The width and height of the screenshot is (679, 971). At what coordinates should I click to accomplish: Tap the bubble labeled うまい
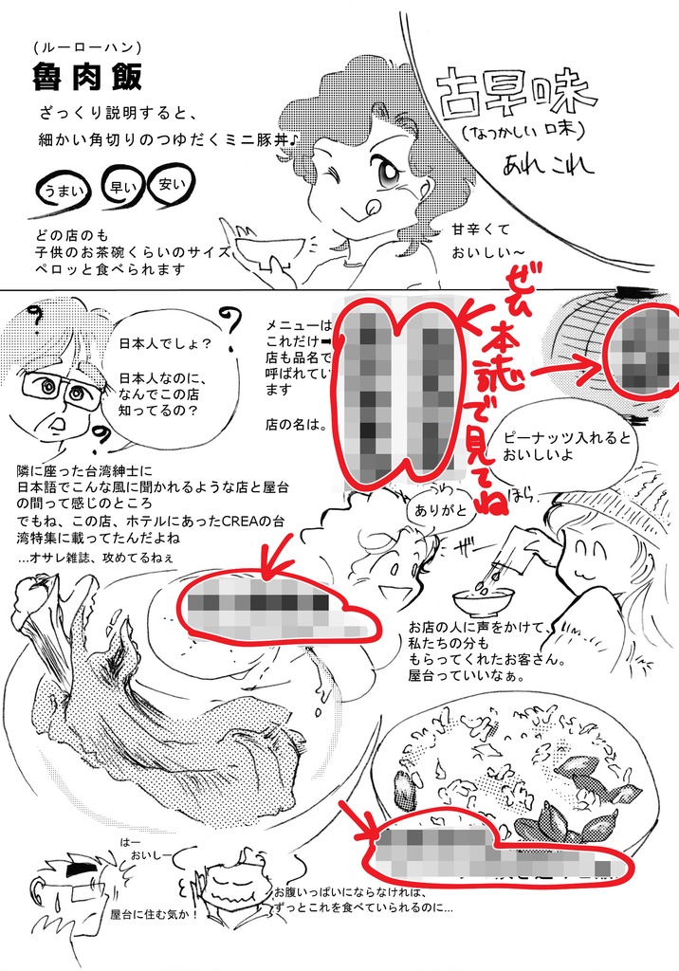[62, 191]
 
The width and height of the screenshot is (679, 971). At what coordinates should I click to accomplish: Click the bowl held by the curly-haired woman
[270, 250]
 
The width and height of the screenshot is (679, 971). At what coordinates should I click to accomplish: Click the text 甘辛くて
[481, 230]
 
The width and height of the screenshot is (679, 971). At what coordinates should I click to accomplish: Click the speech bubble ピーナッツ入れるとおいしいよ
[561, 441]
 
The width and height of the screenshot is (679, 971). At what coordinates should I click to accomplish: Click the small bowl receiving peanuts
[483, 600]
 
